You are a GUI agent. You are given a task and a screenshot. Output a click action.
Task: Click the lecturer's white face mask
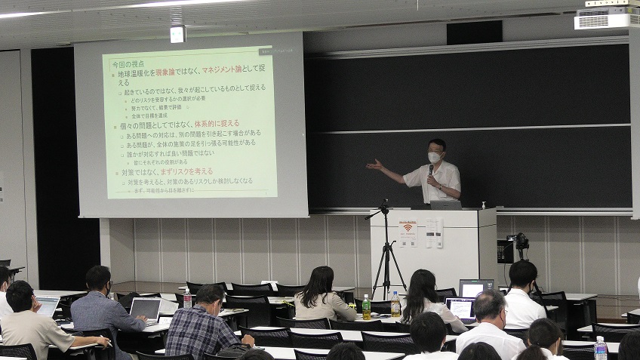click(x=435, y=158)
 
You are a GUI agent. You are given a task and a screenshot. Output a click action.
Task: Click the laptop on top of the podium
click(x=445, y=205)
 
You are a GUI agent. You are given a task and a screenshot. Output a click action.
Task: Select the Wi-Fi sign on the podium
click(x=408, y=228)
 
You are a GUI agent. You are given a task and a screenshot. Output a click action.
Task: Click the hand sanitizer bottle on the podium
click(x=482, y=205)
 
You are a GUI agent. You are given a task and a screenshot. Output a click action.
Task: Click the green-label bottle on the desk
click(x=366, y=307)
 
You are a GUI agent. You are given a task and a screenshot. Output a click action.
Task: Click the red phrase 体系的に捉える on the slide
click(x=217, y=123)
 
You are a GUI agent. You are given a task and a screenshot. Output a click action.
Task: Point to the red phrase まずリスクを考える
click(x=186, y=172)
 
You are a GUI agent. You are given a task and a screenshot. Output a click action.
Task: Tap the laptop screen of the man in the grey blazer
click(x=146, y=308)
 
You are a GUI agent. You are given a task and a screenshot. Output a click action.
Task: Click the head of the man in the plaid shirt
click(x=209, y=297)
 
